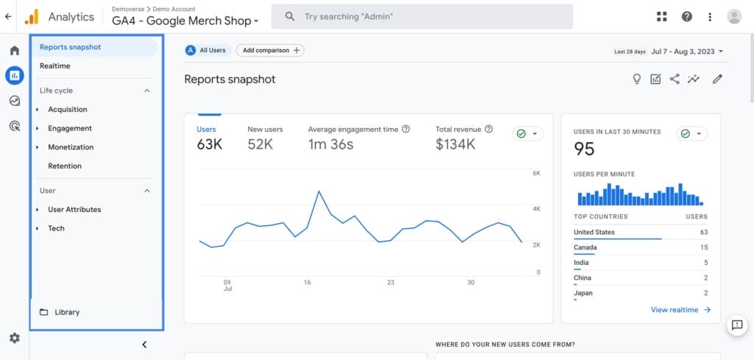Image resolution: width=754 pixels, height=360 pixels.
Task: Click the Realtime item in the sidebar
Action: pyautogui.click(x=55, y=66)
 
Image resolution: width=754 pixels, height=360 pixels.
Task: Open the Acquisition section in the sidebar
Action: pyautogui.click(x=68, y=110)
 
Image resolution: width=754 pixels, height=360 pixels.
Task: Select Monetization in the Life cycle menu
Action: pyautogui.click(x=71, y=147)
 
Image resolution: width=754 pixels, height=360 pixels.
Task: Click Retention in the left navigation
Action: pyautogui.click(x=65, y=166)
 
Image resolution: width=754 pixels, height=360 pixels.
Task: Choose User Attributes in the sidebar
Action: pyautogui.click(x=74, y=210)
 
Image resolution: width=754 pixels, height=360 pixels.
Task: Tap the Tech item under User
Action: pyautogui.click(x=56, y=229)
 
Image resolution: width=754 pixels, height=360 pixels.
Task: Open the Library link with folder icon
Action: pyautogui.click(x=66, y=312)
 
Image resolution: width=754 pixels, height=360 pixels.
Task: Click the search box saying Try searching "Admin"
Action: pyautogui.click(x=422, y=16)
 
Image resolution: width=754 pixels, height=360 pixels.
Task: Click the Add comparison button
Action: pyautogui.click(x=270, y=50)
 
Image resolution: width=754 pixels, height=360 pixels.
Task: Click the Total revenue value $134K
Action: pyautogui.click(x=455, y=144)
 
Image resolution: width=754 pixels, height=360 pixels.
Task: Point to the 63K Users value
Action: pyautogui.click(x=209, y=144)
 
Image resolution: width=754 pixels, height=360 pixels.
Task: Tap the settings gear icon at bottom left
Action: pyautogui.click(x=14, y=338)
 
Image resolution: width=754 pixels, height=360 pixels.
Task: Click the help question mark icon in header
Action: pyautogui.click(x=686, y=16)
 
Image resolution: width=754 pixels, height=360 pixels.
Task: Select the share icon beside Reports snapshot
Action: pyautogui.click(x=674, y=80)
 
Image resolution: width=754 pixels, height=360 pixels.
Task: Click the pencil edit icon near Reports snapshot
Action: pyautogui.click(x=717, y=80)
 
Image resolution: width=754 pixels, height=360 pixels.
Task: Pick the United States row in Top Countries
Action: pyautogui.click(x=640, y=233)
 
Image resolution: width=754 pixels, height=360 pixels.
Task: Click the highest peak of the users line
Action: pyautogui.click(x=319, y=191)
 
